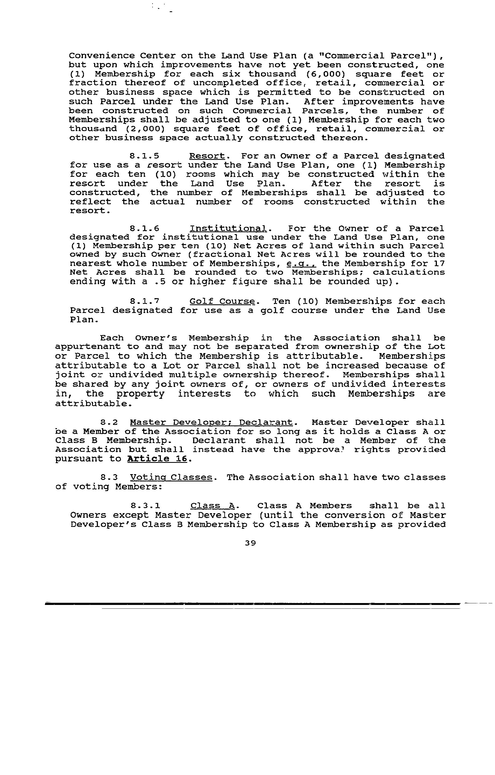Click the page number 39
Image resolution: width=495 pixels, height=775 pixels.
coord(250,543)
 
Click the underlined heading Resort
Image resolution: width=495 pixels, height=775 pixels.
coord(207,156)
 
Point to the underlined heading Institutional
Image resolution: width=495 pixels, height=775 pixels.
coord(228,228)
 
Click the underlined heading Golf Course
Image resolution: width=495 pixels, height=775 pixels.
coord(224,302)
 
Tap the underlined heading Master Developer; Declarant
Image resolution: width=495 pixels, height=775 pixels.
coord(211,422)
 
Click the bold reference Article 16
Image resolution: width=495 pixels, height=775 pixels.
coord(157,459)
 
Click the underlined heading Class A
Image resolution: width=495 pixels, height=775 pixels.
coord(213,506)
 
